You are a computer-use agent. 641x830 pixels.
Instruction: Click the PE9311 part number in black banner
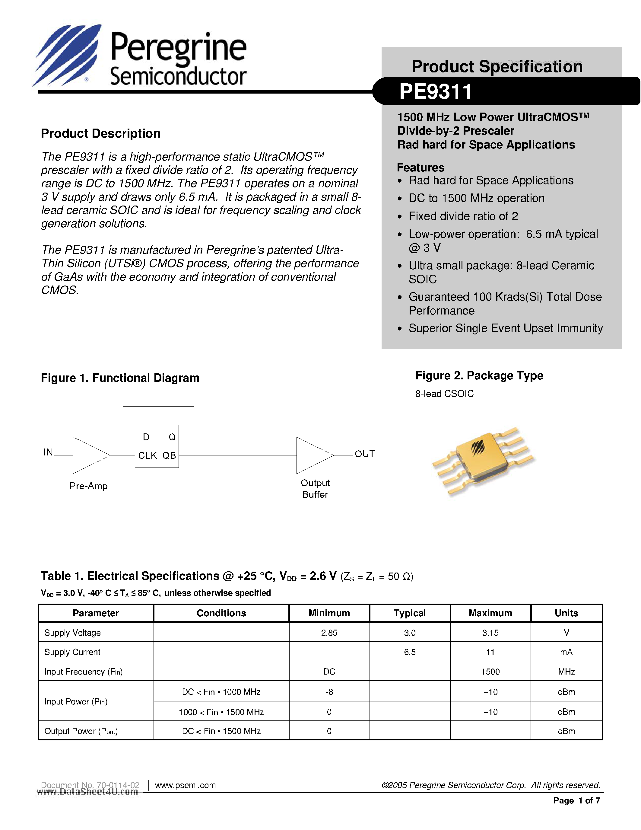[435, 91]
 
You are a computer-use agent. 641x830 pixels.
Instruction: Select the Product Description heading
[101, 133]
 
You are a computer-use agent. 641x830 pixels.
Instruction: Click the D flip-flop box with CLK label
[157, 446]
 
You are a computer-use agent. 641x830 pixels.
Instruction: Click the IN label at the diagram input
[48, 452]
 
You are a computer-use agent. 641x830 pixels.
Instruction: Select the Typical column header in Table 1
[409, 613]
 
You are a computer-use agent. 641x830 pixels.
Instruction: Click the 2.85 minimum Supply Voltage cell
[329, 632]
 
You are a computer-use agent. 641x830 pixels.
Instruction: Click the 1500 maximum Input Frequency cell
[490, 672]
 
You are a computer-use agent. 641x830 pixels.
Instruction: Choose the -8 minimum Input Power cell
[329, 692]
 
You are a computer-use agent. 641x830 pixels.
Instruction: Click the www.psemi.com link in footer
[185, 785]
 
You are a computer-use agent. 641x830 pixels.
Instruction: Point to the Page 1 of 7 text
[576, 800]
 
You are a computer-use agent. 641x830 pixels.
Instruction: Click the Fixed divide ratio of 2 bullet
[463, 216]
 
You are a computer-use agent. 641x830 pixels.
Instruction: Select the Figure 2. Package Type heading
[479, 375]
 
